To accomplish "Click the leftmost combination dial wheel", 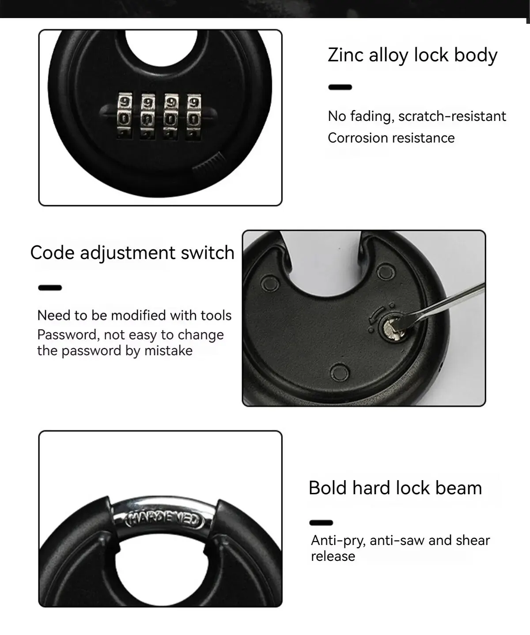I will coord(123,116).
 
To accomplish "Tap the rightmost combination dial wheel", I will coord(193,116).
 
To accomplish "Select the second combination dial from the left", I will coord(147,116).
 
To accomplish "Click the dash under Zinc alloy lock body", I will coord(340,87).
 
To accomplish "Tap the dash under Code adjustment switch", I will coord(50,288).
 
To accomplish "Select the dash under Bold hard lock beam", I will coord(321,523).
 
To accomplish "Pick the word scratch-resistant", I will coord(452,116).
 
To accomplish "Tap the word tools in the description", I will coord(216,316).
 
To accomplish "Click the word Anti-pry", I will coord(338,541).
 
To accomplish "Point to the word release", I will coord(333,556).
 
